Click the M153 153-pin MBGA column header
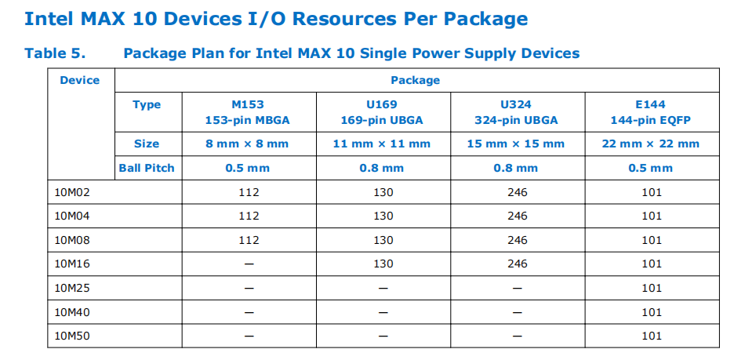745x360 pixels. tap(247, 112)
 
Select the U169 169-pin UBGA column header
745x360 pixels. tap(382, 112)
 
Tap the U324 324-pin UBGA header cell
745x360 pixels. tap(517, 112)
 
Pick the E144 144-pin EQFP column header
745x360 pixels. tap(650, 112)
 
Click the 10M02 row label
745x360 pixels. tap(72, 192)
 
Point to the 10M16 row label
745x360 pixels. tap(72, 264)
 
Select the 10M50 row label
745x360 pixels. tap(72, 336)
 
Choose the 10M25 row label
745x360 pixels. tap(72, 288)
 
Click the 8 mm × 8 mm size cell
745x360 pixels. tap(247, 144)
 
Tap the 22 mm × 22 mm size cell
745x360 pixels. tap(650, 144)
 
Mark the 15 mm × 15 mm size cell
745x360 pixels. tap(517, 144)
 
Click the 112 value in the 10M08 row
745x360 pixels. tap(249, 240)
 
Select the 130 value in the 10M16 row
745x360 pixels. tap(383, 264)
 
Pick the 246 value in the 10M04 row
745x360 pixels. tap(518, 216)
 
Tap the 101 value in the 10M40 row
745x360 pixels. tap(652, 312)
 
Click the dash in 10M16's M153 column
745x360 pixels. tap(249, 264)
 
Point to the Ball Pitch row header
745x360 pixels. tap(147, 168)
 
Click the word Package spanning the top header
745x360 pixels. tap(416, 80)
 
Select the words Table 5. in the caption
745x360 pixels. tap(55, 53)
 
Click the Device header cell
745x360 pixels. tap(79, 80)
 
